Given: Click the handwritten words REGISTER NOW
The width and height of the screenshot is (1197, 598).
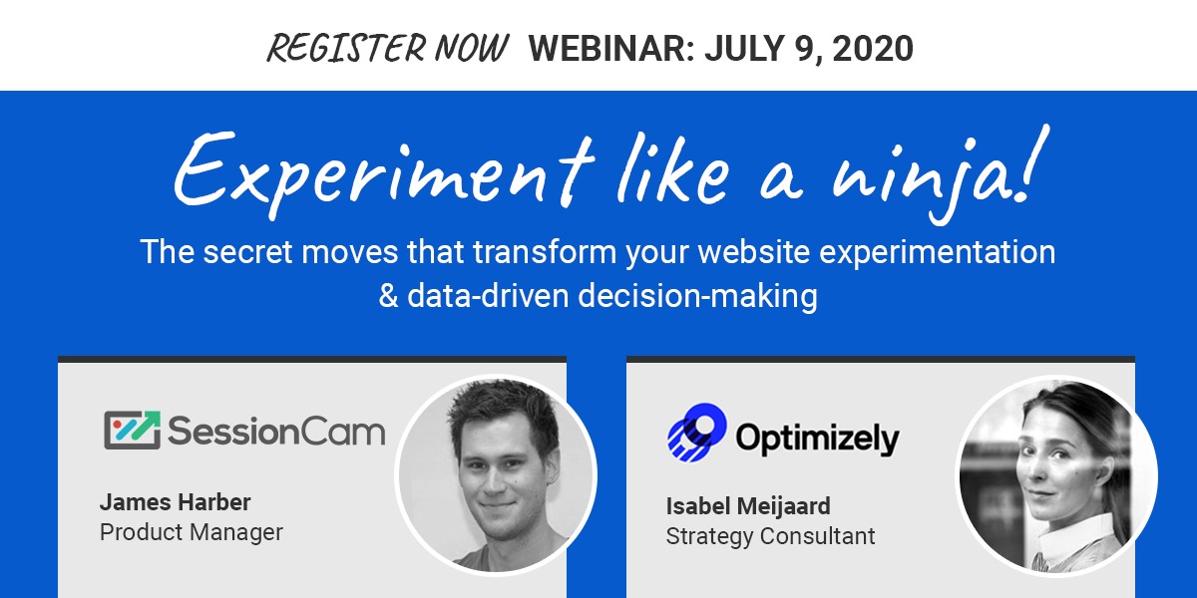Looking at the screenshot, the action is coord(387,48).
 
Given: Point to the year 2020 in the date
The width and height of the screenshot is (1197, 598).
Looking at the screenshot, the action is coord(873,48).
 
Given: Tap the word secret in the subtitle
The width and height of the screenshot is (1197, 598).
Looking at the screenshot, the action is coord(247,252).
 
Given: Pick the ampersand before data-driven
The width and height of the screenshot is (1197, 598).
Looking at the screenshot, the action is coord(388,296).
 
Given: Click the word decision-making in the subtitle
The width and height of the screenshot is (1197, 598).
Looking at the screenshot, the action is coord(698,297).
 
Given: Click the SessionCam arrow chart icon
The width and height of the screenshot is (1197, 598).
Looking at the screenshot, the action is coord(132,430).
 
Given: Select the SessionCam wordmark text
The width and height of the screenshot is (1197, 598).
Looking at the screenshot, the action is coord(276,432).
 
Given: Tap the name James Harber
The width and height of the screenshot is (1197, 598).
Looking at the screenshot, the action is coord(176,502).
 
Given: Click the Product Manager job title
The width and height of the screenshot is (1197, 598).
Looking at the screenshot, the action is coord(192,532).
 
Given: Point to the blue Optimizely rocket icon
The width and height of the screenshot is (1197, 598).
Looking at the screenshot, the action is coord(697,432).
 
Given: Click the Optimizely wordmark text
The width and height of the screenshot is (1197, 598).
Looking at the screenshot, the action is coord(818,440).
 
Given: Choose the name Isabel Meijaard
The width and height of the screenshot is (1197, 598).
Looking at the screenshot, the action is coord(748,506).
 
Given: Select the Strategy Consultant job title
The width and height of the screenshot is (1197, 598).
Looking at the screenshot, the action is coord(770,536).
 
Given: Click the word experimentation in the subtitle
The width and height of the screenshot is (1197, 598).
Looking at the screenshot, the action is coord(938,252).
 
